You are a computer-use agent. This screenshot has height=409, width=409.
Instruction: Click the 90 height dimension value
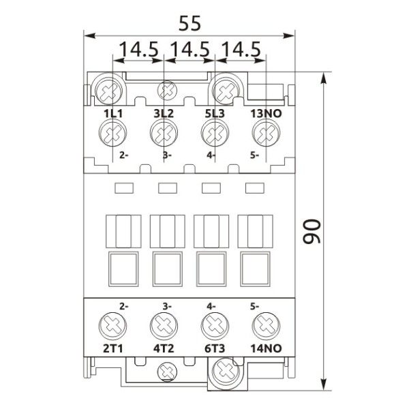tap(312, 232)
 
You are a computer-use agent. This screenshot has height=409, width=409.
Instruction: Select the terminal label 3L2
tap(164, 114)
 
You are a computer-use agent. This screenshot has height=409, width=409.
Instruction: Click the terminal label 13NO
tap(263, 114)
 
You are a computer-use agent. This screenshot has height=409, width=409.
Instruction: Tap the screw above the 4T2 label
tap(164, 325)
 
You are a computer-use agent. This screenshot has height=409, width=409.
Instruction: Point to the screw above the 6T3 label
tap(213, 325)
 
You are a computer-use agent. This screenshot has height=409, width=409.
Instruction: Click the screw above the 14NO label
tap(264, 325)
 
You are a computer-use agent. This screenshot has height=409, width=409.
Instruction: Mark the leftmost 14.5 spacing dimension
tap(139, 50)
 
